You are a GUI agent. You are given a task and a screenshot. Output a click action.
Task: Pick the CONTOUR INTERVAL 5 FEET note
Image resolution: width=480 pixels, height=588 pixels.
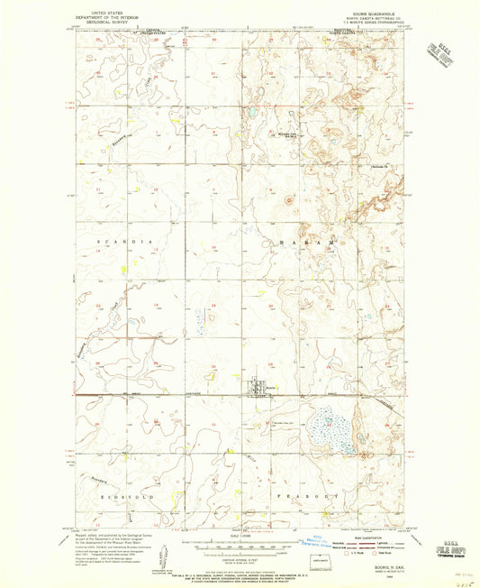(238, 559)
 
